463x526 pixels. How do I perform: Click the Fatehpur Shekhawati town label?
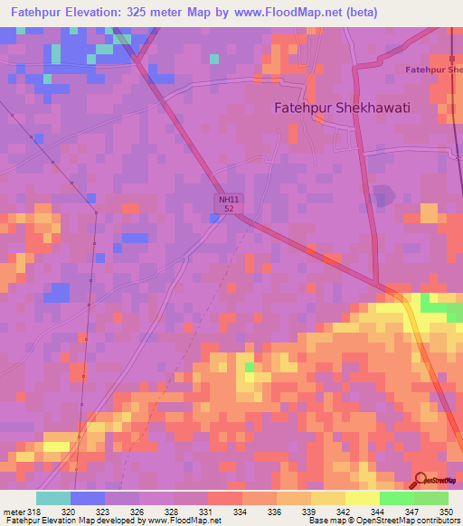tap(342, 108)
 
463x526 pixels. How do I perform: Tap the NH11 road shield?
tap(229, 198)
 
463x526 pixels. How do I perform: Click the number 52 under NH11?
tap(229, 209)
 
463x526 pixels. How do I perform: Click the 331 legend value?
tap(206, 511)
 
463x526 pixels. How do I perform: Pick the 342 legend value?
tap(343, 511)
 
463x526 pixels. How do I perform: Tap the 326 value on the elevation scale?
tap(138, 511)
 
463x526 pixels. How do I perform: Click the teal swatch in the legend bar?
tap(52, 498)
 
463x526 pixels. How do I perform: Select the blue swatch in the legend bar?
tap(87, 498)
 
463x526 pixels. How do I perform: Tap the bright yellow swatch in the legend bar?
tap(362, 498)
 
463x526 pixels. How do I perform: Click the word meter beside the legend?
tap(12, 511)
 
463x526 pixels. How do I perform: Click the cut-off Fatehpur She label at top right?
tap(433, 70)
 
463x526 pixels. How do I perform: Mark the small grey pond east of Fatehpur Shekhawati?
tap(383, 194)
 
